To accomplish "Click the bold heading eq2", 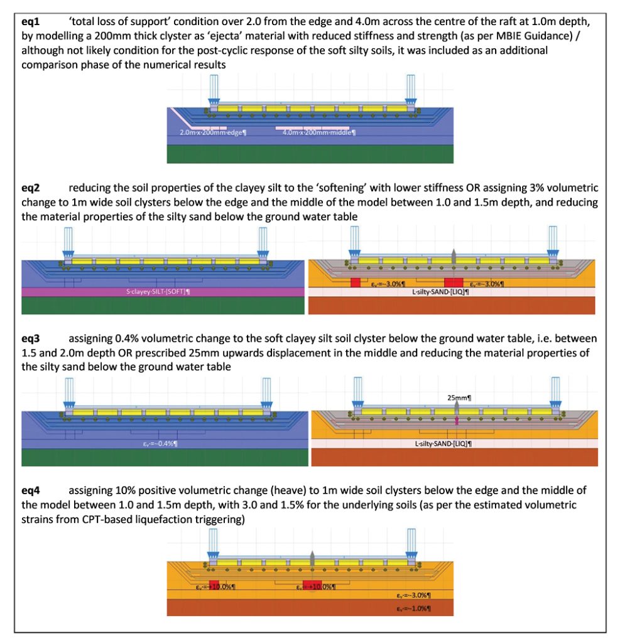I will tap(31, 187).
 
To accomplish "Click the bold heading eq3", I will tap(31, 340).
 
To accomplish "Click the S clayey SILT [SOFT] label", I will tap(165, 292).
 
